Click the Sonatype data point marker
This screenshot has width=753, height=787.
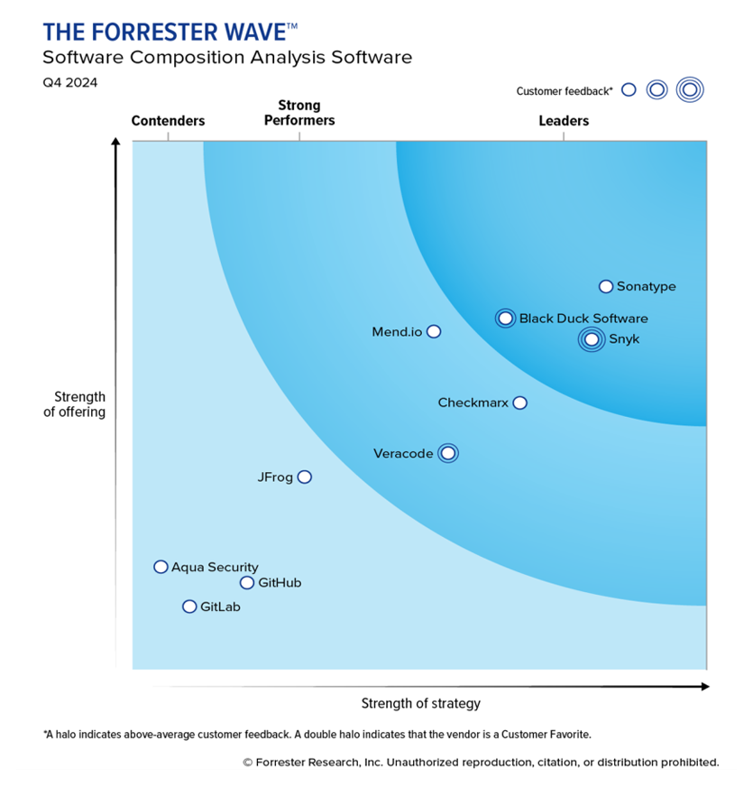606,287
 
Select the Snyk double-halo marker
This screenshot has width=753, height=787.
591,339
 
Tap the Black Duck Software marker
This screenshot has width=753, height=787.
505,318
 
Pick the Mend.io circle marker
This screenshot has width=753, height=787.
434,331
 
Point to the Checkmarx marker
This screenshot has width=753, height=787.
519,403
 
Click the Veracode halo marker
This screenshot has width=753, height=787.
447,453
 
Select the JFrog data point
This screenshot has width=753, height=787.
305,477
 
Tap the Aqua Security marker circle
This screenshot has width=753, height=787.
161,567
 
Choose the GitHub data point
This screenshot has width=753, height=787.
247,582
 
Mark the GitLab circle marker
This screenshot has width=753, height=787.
189,606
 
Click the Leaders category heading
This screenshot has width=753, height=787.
564,121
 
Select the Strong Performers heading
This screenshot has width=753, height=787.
299,113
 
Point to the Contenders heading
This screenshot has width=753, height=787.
168,121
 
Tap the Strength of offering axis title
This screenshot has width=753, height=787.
79,404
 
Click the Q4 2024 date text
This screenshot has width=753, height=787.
70,83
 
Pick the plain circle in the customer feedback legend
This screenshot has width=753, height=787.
629,89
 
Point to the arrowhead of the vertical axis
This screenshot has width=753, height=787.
115,143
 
